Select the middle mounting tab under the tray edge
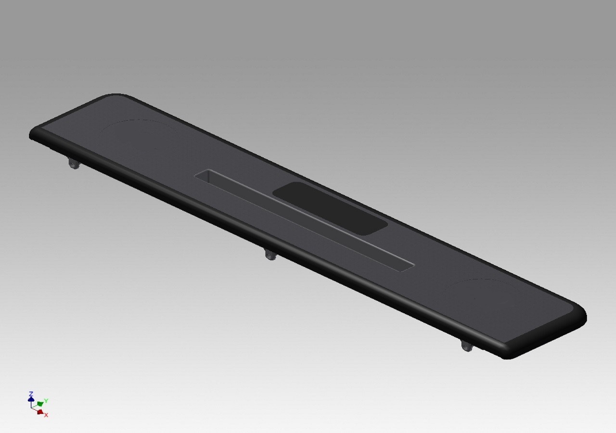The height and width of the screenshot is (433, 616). click(271, 254)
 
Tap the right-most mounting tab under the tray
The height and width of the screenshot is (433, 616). click(467, 345)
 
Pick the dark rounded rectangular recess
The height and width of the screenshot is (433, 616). click(330, 208)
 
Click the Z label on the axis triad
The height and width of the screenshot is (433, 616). click(31, 394)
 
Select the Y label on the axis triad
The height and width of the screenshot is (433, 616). click(46, 401)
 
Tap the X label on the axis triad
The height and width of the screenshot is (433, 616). click(46, 415)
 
